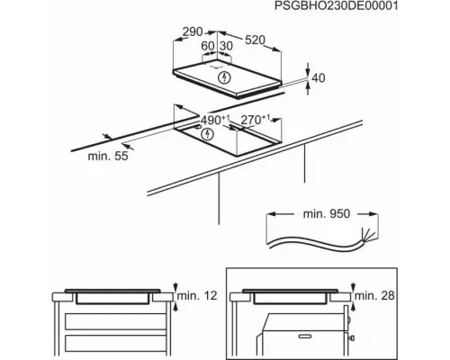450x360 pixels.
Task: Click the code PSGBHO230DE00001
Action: [336, 5]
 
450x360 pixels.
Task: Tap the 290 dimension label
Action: [193, 31]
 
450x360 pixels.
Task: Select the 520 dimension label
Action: [255, 40]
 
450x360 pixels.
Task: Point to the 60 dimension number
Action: [208, 46]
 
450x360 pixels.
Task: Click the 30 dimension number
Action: [226, 46]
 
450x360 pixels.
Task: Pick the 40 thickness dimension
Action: [319, 78]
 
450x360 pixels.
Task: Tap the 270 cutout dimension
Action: [256, 120]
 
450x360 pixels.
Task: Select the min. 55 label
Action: [108, 156]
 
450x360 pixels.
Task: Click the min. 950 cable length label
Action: [327, 214]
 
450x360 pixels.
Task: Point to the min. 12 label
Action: [197, 296]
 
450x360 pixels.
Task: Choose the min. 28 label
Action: [374, 296]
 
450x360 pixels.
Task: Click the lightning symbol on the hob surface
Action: [224, 77]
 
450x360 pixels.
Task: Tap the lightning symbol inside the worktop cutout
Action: [207, 134]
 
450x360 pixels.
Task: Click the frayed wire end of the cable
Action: [366, 234]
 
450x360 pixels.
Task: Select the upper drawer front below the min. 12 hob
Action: [116, 321]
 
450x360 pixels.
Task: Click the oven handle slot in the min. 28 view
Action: [308, 336]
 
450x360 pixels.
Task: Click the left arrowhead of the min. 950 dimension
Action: [271, 214]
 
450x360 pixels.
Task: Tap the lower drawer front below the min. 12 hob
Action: [116, 343]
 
